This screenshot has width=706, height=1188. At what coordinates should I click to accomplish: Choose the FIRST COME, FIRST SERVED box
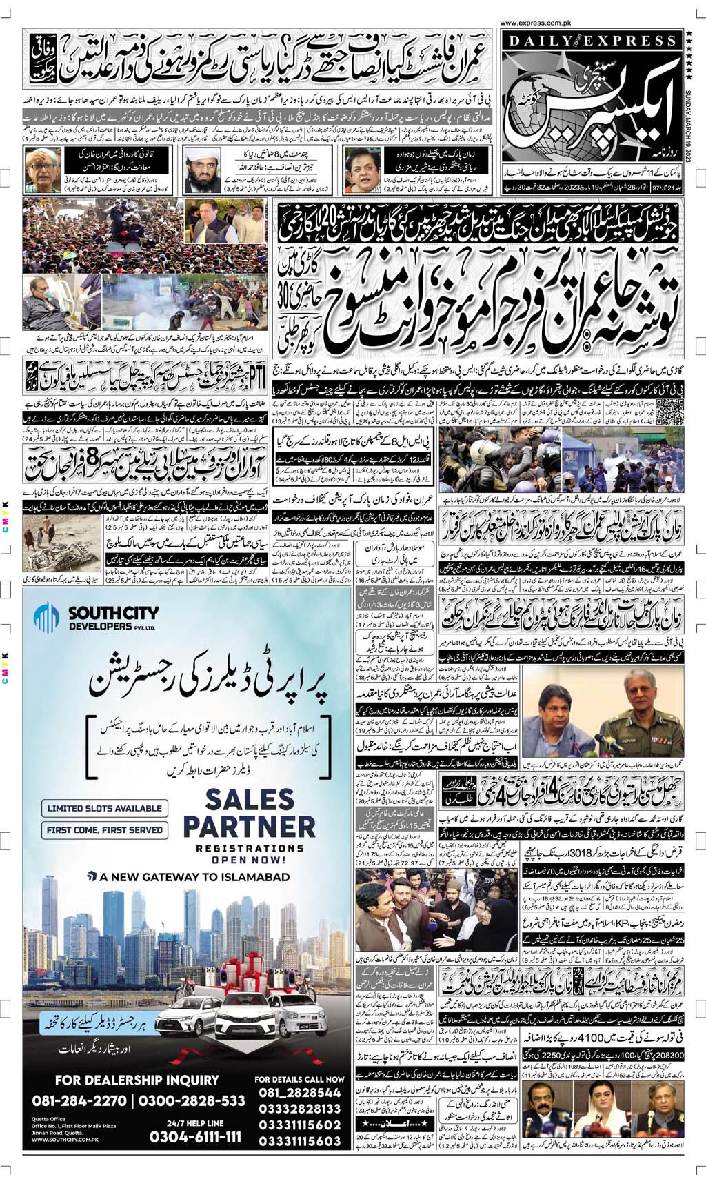click(104, 830)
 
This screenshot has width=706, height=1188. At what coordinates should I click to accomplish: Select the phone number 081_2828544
click(299, 1093)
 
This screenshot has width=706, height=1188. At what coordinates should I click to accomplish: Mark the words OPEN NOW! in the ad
click(239, 860)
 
